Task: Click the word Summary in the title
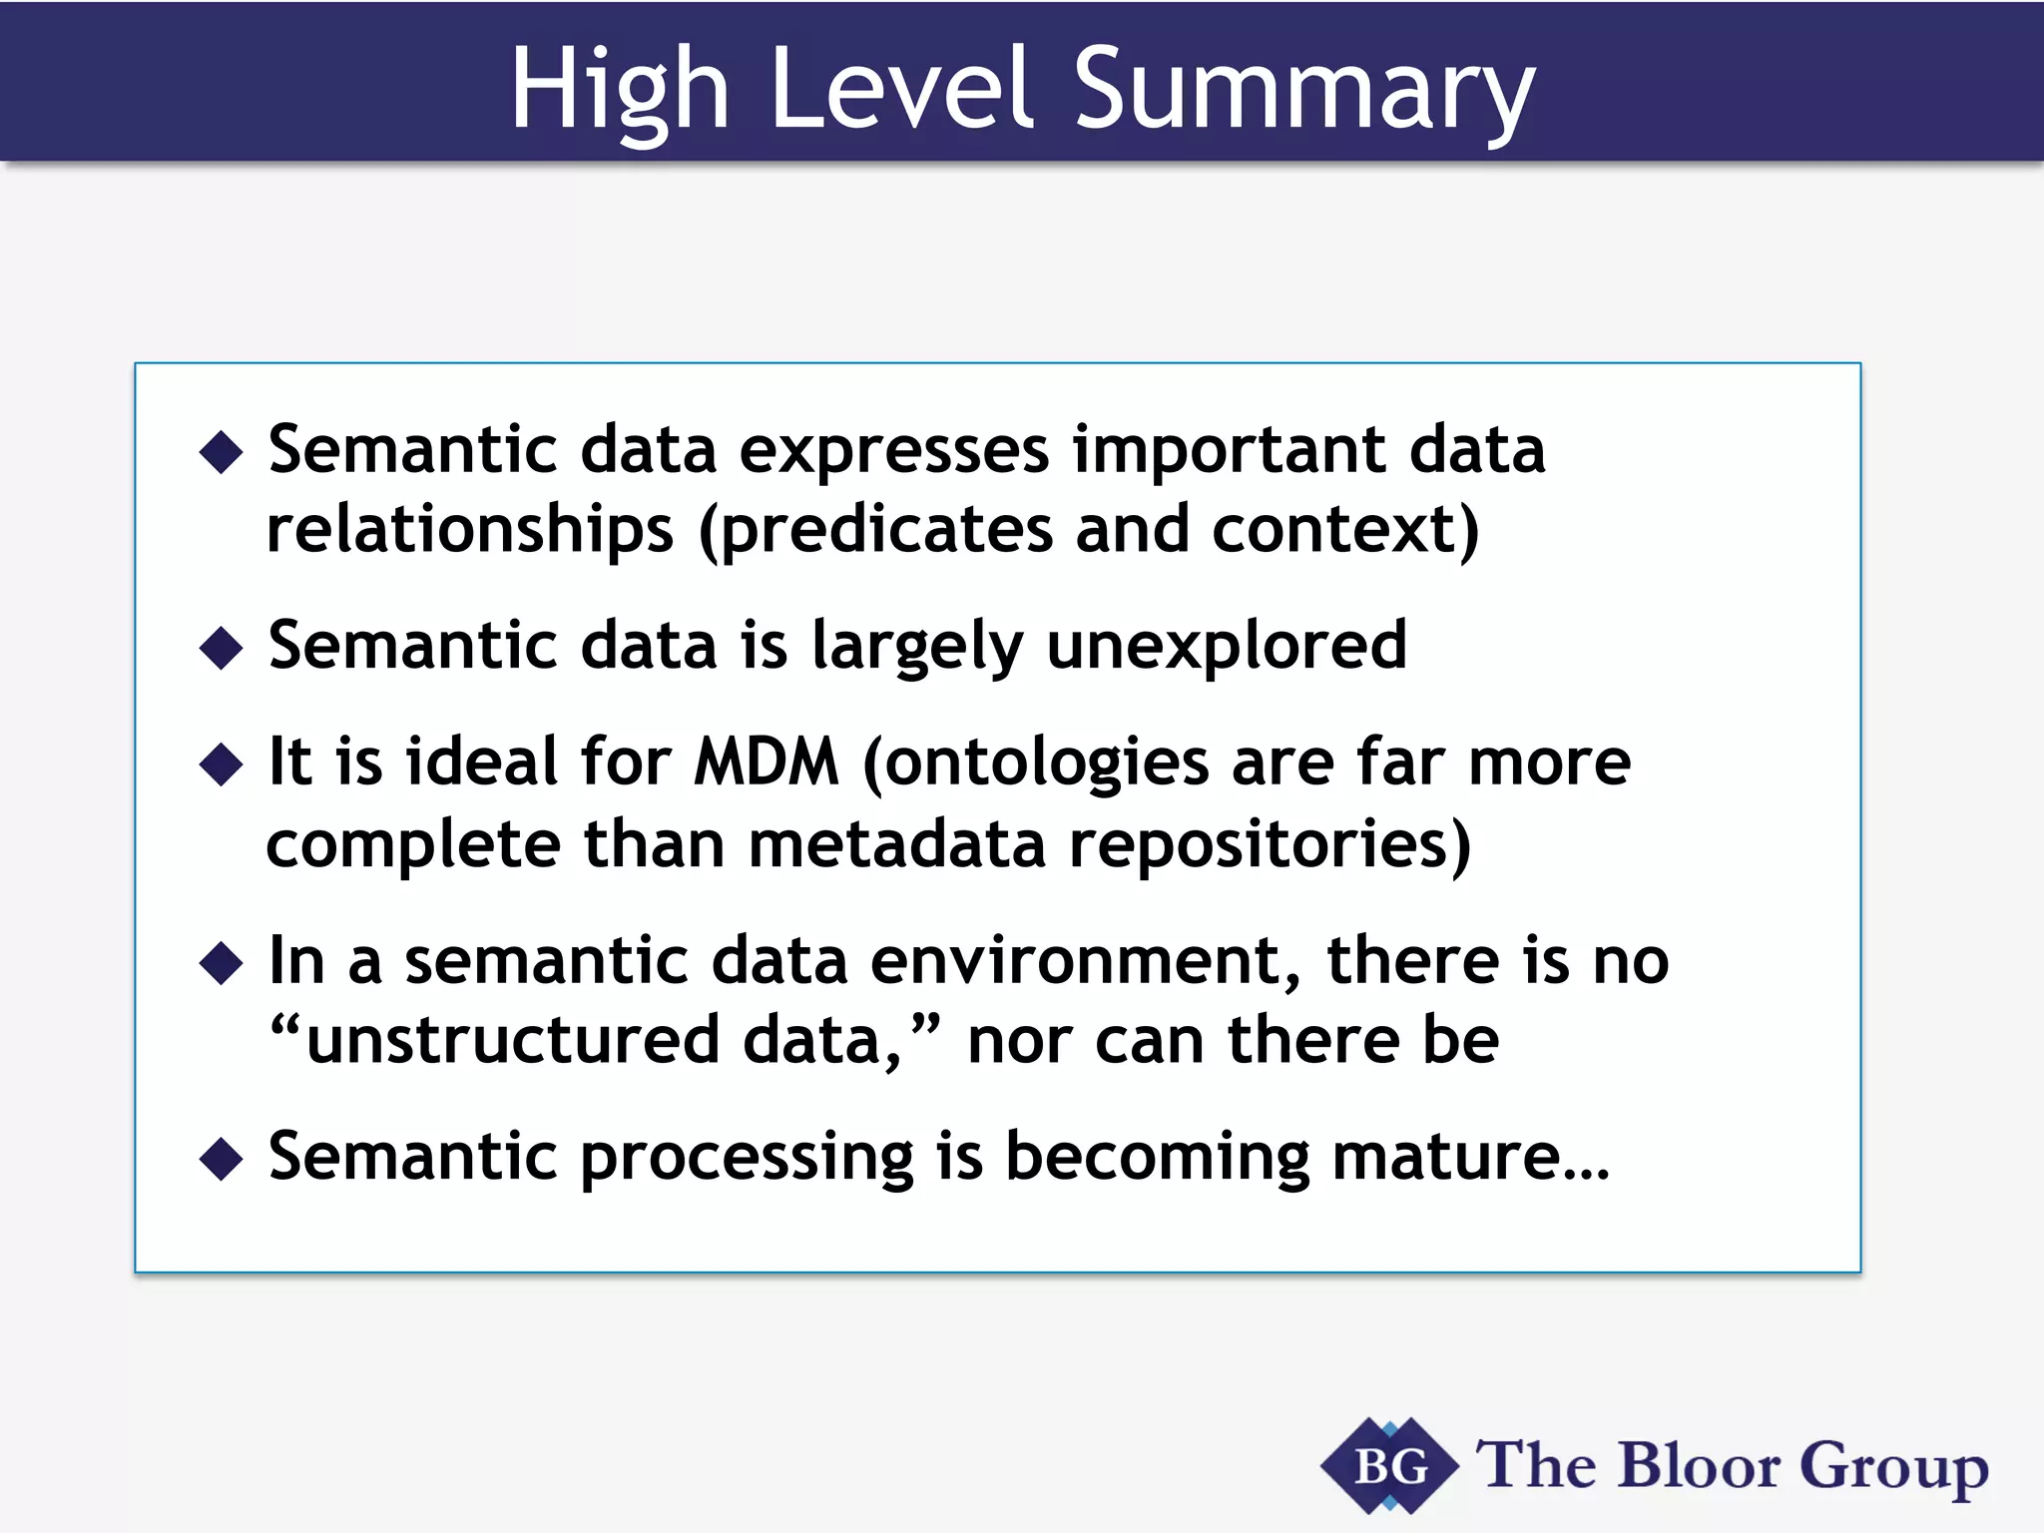pos(1302,92)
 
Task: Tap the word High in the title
pos(619,92)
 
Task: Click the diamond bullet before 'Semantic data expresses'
pos(221,452)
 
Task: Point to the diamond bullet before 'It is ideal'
pos(221,766)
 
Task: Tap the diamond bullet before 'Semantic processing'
pos(221,1159)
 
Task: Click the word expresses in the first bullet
pos(893,451)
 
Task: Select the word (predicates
pos(875,530)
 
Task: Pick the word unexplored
pos(1227,646)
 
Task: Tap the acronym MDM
pos(766,764)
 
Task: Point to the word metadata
pos(896,844)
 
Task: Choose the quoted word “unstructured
pos(495,1041)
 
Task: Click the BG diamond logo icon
pos(1389,1465)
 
